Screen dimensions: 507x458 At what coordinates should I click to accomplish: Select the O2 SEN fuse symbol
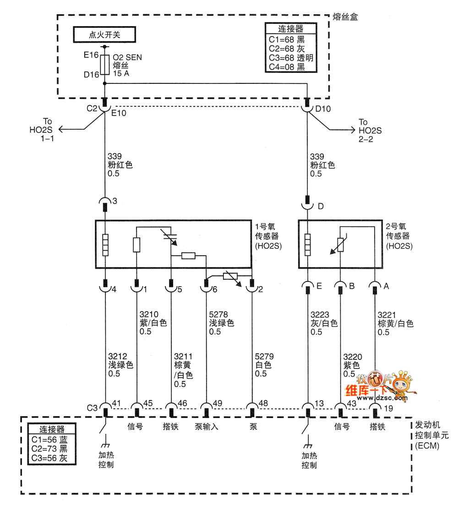coord(105,65)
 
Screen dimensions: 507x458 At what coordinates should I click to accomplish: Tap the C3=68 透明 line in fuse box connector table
coord(291,58)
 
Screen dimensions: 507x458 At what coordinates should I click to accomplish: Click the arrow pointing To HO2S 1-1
coord(64,130)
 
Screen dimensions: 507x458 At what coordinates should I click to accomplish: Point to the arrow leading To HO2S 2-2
coord(348,130)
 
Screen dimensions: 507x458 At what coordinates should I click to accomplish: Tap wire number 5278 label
coord(218,314)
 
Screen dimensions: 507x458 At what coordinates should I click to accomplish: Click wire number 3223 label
coord(319,314)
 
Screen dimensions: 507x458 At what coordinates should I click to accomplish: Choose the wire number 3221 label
coord(386,314)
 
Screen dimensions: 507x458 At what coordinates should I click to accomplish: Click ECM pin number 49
coord(218,403)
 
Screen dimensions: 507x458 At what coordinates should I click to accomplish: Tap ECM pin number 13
coord(319,403)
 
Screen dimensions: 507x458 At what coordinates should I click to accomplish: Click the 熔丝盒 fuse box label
coord(345,17)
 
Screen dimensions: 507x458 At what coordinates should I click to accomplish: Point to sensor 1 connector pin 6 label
coord(214,290)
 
